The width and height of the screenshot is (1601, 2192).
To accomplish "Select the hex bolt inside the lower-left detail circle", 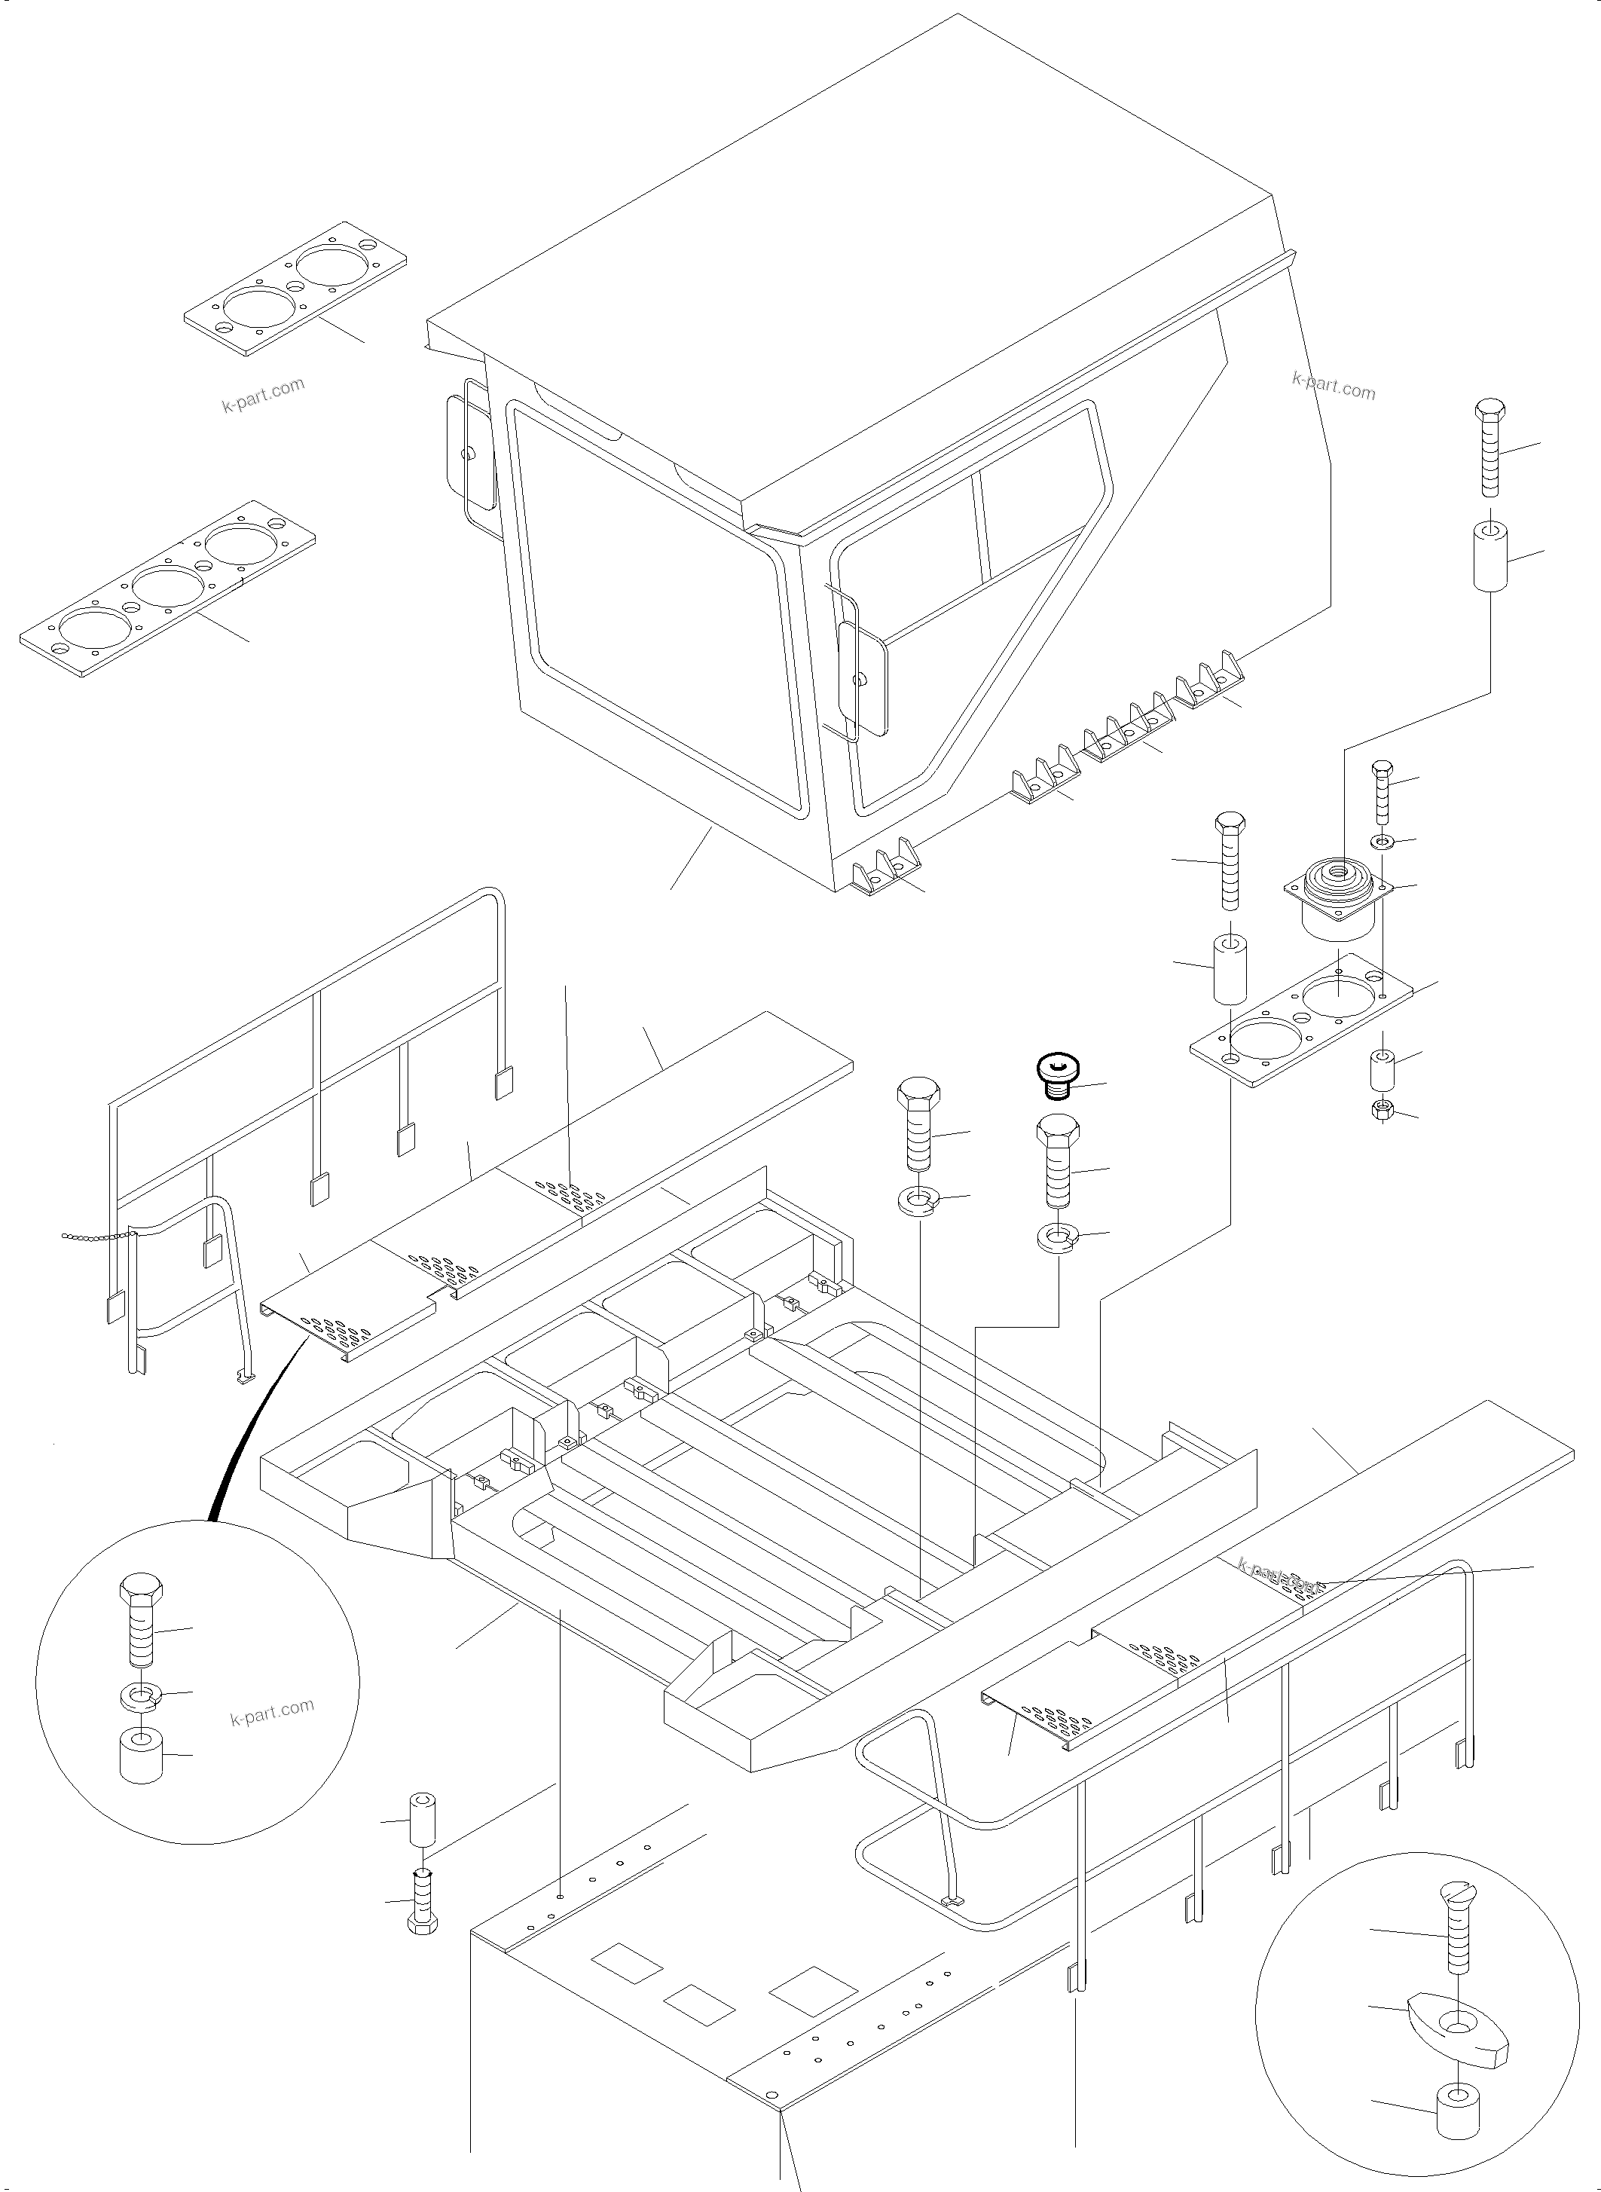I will pyautogui.click(x=142, y=1625).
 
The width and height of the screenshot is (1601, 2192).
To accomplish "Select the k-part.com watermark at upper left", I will pyautogui.click(x=264, y=393).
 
